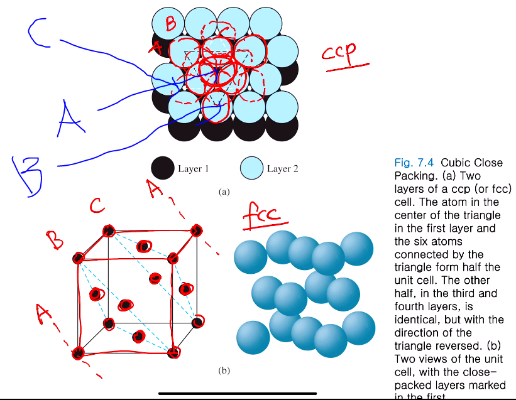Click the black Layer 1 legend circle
pos(163,168)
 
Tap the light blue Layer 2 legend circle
pos(251,168)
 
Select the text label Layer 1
pos(194,168)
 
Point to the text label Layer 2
pos(283,168)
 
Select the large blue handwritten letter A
pos(70,119)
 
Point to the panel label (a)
pos(224,192)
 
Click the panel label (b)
pos(224,370)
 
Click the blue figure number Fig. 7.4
pos(412,163)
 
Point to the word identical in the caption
pos(415,306)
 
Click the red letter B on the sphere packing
pos(170,24)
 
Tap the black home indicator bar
pos(238,394)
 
